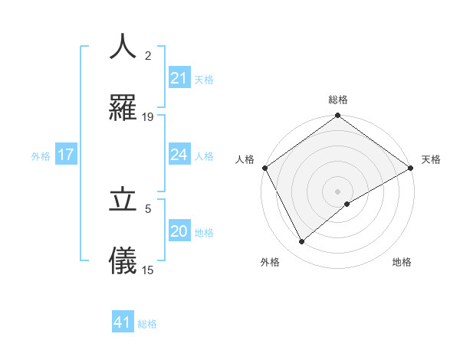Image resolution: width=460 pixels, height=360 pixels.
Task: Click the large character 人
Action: pos(123,47)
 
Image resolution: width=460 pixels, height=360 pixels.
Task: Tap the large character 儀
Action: pos(123,261)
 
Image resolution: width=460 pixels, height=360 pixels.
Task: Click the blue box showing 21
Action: pos(179,78)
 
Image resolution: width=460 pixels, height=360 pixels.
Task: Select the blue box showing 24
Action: pos(179,155)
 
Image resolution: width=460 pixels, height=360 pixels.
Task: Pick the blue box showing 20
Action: pos(179,231)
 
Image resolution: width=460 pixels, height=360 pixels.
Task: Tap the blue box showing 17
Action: pos(66,155)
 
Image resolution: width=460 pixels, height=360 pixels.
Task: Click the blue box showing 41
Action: pos(123,322)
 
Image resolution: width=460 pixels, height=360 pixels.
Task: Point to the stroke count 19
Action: pos(148,117)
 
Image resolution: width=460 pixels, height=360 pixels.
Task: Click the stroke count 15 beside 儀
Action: pos(148,270)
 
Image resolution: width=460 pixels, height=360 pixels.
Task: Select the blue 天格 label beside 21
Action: pos(204,79)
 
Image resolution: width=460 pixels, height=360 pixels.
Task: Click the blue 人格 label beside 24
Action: pos(204,155)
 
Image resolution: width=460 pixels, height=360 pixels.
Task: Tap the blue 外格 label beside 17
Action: pos(41,155)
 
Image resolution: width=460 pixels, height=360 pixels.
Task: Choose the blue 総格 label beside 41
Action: pos(147,323)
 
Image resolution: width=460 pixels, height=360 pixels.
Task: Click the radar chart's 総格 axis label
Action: pos(338,100)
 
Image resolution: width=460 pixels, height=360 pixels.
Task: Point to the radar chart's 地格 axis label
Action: pos(402,262)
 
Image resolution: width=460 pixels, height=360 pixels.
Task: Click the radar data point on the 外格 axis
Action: pos(302,241)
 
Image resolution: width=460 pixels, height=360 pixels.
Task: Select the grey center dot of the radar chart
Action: pos(338,191)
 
